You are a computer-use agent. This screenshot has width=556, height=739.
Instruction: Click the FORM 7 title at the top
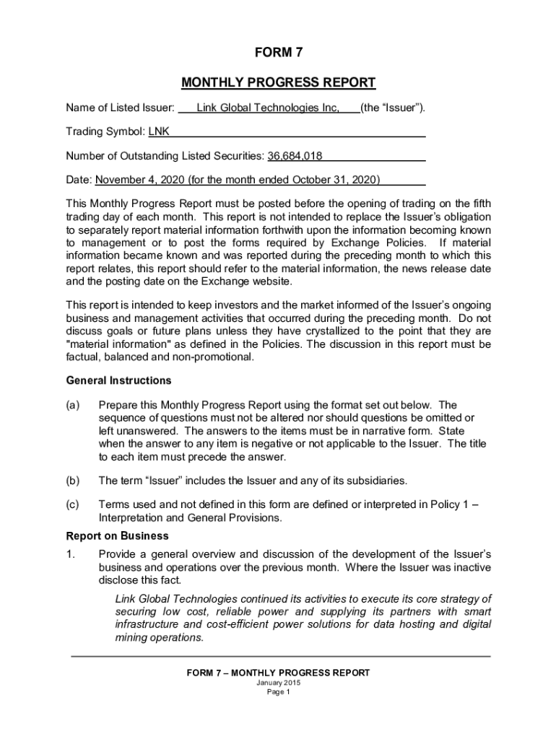tap(278, 53)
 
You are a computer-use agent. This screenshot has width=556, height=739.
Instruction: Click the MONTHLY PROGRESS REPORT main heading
tap(278, 82)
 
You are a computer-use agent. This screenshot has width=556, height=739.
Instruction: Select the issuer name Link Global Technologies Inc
tap(268, 108)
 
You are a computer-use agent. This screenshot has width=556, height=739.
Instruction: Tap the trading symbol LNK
tap(159, 132)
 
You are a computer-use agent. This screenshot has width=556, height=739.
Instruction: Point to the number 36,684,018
tap(295, 156)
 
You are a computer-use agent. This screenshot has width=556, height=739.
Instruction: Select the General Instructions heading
tap(118, 380)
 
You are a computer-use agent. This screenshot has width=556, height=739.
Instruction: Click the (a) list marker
tap(73, 405)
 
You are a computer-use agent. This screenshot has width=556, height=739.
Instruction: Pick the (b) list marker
tap(73, 480)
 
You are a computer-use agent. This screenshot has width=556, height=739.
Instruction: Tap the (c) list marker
tap(73, 504)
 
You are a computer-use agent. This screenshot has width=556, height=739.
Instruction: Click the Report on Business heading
tap(117, 536)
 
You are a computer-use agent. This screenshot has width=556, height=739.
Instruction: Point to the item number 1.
tap(70, 554)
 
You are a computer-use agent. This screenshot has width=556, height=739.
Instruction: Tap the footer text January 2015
tap(278, 683)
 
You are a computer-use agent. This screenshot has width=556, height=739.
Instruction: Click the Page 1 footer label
tap(278, 692)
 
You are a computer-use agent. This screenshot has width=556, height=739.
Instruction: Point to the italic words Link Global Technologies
tap(181, 599)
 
